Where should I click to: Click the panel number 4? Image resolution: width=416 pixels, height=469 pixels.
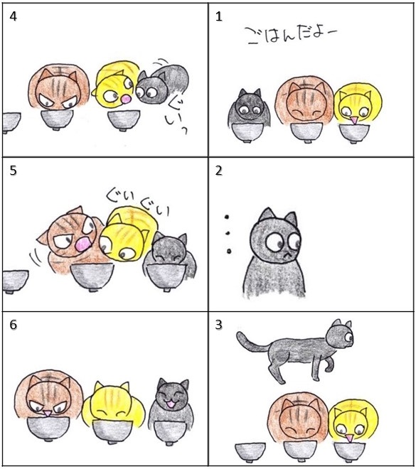pos(14,16)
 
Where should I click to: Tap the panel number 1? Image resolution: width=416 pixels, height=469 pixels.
pos(219,16)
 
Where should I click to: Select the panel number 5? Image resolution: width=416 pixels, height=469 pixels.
pos(14,171)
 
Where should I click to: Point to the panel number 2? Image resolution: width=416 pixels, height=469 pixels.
pos(219,171)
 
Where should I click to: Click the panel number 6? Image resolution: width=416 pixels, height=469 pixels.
pos(14,325)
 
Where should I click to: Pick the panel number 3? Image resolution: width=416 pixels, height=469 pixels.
pos(219,325)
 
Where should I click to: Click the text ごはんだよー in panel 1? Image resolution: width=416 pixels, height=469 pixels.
pos(291,36)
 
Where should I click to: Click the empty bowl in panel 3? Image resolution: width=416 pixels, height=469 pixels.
pos(250,453)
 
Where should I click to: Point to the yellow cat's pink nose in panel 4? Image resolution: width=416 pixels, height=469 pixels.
pos(127,99)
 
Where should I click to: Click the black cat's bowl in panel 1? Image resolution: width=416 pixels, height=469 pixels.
pos(247,132)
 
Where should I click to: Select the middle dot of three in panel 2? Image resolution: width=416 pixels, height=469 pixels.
pos(228,233)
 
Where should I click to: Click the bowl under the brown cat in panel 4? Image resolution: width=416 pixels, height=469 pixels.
pos(57,120)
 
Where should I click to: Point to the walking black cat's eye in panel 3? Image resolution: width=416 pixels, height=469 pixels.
pos(349,337)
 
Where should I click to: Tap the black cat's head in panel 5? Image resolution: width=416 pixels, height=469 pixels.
pos(169,250)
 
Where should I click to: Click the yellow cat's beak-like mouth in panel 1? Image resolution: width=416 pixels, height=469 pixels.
pos(355,120)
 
